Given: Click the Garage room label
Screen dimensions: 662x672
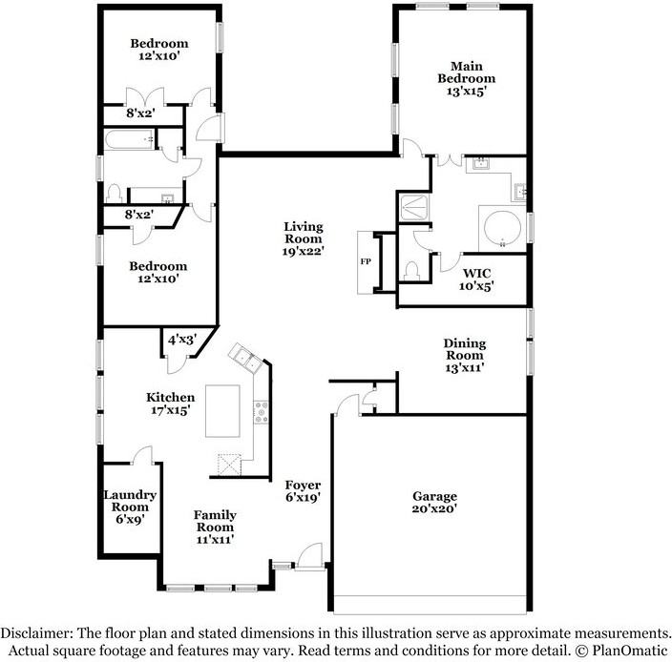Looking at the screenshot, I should click(434, 496).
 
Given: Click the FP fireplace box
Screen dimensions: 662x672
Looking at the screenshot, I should click(366, 261).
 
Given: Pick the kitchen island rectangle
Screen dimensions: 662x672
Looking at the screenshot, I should click(226, 409).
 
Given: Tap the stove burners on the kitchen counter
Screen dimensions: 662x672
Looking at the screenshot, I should click(259, 412).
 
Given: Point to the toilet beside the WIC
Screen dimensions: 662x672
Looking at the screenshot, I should click(412, 271).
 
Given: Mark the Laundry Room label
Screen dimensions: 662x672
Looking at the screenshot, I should click(131, 501).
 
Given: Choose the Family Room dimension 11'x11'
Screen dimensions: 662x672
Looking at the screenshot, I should click(215, 539).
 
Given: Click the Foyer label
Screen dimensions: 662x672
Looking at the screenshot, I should click(303, 486).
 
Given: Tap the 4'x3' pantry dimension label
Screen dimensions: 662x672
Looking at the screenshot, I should click(180, 339).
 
